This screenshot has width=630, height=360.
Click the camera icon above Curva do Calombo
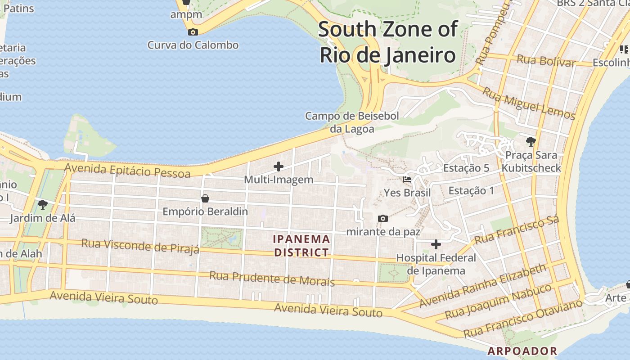coord(193,32)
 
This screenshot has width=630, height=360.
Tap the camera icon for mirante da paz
coord(383,218)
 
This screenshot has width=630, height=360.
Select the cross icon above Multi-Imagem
coord(279,166)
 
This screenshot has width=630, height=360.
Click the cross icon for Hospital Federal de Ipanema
coord(436,244)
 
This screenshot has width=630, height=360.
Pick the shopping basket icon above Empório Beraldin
coord(205,198)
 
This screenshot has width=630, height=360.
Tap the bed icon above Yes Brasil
coord(407,179)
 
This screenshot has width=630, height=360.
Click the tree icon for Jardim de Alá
coord(43,205)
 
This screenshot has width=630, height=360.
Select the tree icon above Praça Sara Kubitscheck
coord(531,142)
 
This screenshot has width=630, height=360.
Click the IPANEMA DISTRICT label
coord(302,246)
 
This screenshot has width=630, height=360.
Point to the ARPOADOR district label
coord(522,351)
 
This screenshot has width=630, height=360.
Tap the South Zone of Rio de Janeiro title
coord(387,42)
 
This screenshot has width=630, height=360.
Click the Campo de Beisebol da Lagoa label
coord(352,122)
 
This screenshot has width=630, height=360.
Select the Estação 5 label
coord(466,168)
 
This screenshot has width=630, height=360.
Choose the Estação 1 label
coord(471,191)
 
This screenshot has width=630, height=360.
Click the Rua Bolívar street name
coord(546,61)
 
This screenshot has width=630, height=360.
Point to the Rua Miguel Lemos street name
coord(529,104)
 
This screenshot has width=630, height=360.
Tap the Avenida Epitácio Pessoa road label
coord(127,171)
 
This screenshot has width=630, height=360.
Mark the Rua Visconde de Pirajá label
coord(140,246)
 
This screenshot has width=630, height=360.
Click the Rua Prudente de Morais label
coord(272,279)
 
